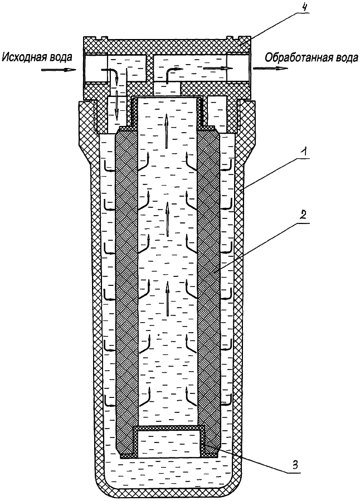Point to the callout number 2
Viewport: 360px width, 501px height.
point(303,214)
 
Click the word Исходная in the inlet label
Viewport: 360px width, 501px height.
point(23,57)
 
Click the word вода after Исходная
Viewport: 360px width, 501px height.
point(60,57)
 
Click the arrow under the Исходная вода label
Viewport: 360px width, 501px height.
point(59,70)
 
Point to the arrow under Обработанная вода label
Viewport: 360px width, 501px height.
point(271,69)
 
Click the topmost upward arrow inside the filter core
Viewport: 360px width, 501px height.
point(166,130)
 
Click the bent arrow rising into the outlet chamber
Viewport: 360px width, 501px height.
point(173,74)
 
